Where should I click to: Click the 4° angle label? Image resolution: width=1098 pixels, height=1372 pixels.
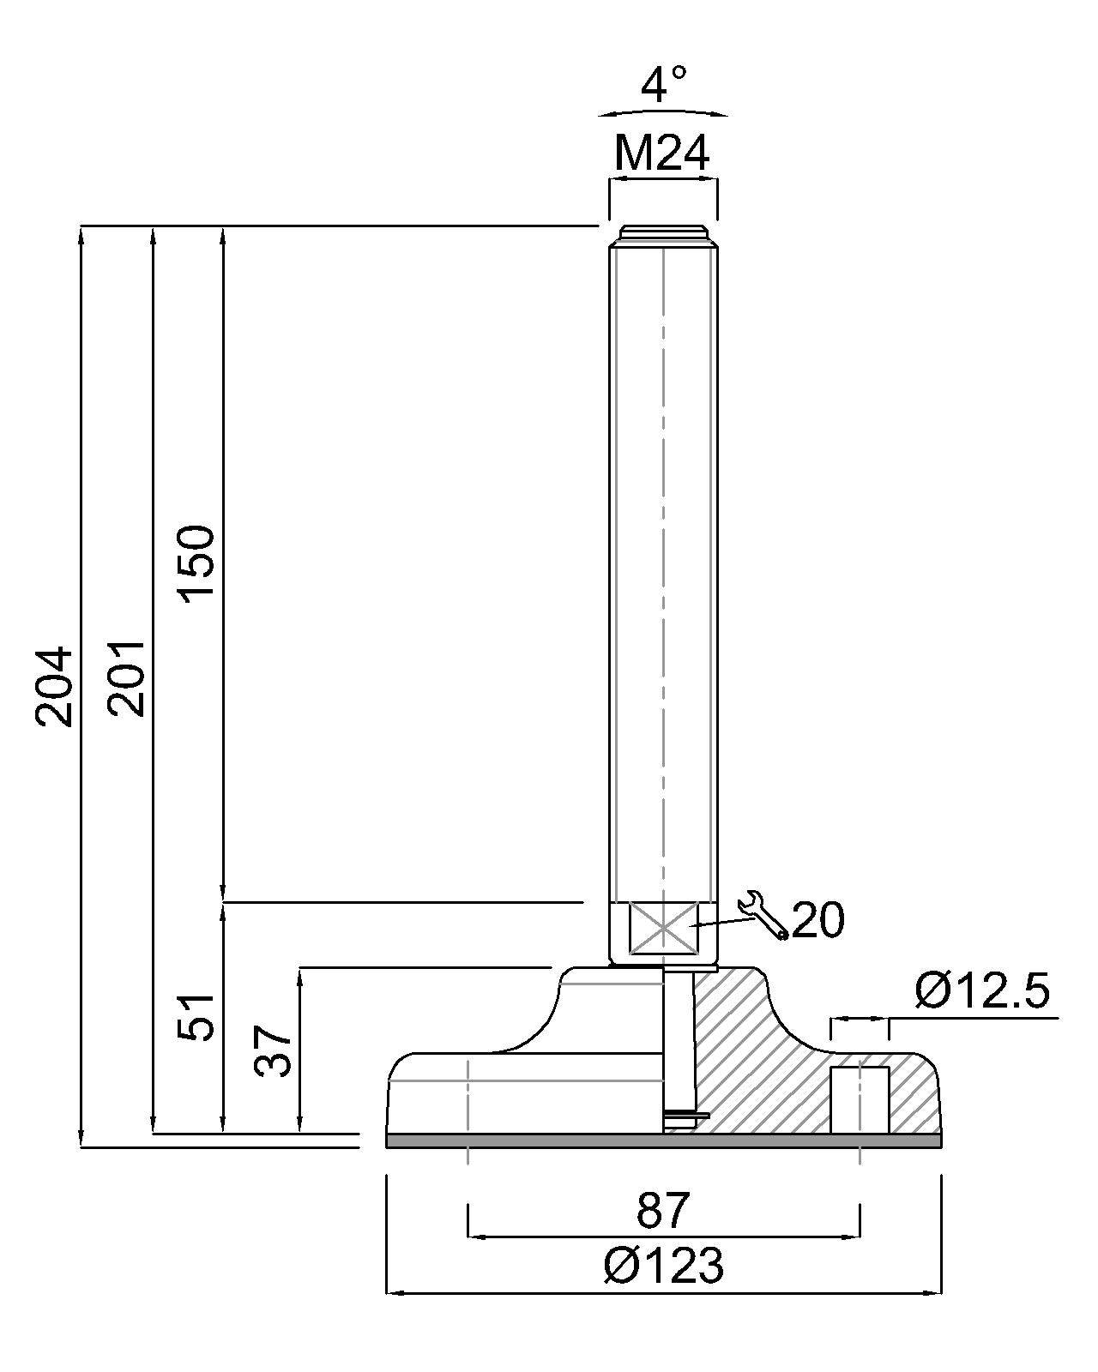click(664, 85)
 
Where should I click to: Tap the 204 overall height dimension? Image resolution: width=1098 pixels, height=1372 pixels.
click(55, 686)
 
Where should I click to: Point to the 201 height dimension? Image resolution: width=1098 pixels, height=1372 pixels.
click(127, 677)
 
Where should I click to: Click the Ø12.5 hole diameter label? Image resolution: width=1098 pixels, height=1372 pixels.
click(981, 992)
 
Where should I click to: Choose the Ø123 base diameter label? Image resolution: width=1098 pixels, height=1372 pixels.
click(663, 1265)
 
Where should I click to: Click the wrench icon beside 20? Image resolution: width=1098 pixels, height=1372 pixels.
click(763, 915)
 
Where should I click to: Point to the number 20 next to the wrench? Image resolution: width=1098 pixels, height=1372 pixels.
click(817, 920)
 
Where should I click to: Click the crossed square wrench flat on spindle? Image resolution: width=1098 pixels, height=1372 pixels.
click(663, 927)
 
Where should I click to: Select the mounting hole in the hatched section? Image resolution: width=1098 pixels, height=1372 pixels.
click(860, 1099)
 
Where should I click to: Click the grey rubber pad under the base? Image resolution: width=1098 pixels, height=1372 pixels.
click(663, 1141)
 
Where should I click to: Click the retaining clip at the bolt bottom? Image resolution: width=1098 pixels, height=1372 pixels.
click(685, 1116)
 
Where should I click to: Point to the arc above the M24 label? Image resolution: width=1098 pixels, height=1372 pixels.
click(663, 111)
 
